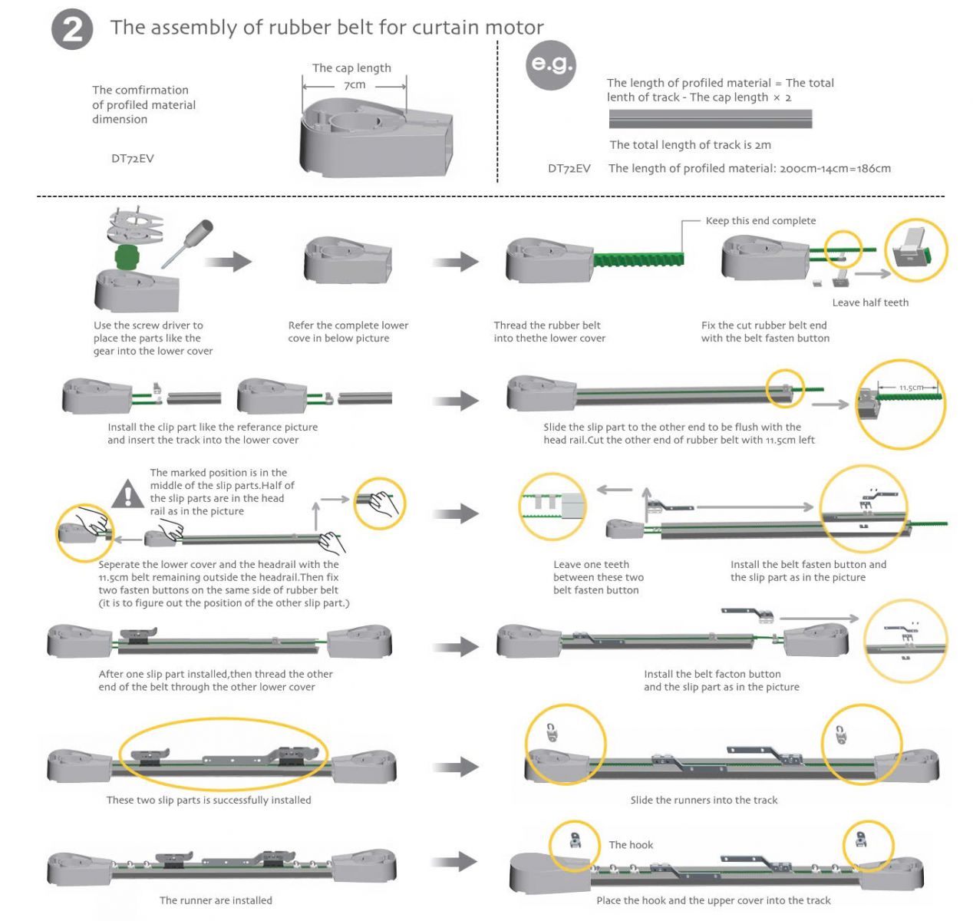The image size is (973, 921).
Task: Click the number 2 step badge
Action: [72, 30]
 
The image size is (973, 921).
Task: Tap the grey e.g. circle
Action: [551, 65]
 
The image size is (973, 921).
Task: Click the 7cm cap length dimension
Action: [355, 85]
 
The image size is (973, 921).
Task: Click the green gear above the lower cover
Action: [127, 256]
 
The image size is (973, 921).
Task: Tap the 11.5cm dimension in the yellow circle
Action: [911, 388]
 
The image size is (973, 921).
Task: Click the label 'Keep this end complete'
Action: [760, 221]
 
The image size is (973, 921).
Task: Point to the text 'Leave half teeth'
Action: [870, 302]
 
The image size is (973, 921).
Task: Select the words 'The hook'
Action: [631, 845]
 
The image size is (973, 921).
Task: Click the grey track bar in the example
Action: [711, 119]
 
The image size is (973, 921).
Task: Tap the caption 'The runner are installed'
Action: [216, 900]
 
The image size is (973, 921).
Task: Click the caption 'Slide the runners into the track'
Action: [703, 800]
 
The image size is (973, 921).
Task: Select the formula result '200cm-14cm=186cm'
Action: [835, 168]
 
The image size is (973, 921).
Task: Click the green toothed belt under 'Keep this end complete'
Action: [638, 259]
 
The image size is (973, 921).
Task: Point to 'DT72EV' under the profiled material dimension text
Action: [132, 158]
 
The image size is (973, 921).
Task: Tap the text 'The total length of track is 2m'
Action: [690, 145]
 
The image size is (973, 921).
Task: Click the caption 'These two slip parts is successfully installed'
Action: [209, 800]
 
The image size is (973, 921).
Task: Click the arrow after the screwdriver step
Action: [228, 262]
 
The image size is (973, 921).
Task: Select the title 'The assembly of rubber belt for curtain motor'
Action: [327, 28]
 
